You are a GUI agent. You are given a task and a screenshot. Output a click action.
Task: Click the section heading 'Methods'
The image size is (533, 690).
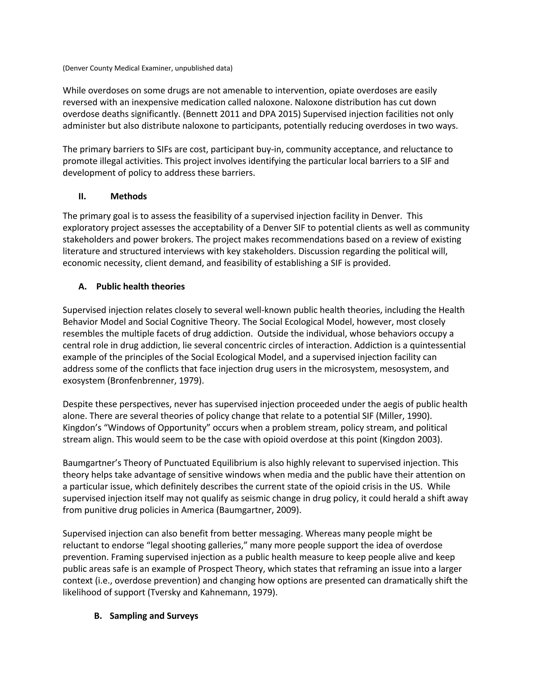129,197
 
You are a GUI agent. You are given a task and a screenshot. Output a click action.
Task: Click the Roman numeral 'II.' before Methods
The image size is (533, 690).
82,197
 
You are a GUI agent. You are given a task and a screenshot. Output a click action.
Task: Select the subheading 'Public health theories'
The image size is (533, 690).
140,287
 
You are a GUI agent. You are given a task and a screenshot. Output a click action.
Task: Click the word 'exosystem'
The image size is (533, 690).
84,381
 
